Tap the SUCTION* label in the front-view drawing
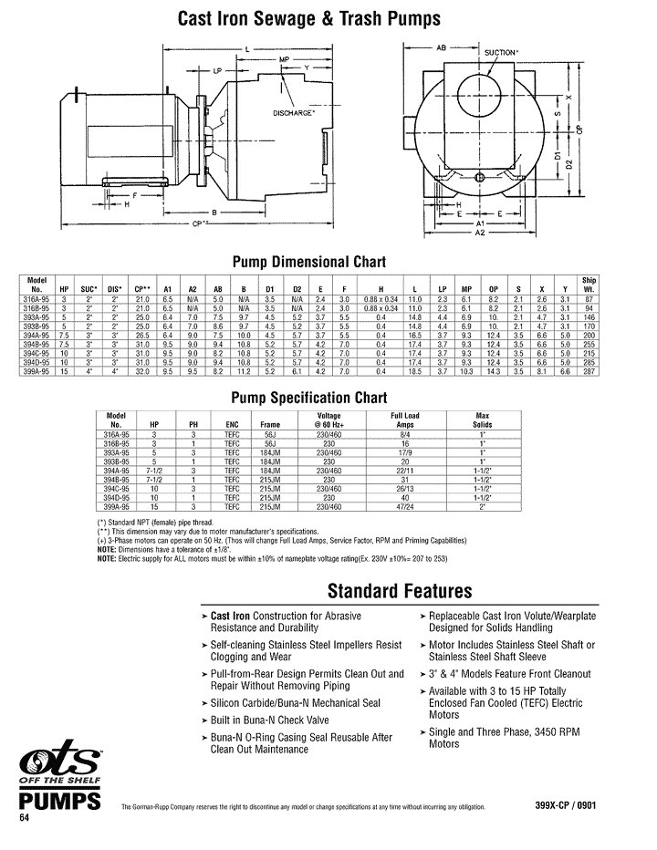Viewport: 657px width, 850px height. coord(501,53)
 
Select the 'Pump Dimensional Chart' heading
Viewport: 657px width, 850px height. coord(310,262)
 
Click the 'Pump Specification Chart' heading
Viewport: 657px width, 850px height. coord(309,398)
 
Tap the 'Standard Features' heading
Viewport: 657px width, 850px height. coord(400,590)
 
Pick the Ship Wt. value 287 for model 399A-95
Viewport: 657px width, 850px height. coord(589,374)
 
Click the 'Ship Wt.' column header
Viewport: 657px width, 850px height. coord(589,283)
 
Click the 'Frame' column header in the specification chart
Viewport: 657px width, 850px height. coord(270,424)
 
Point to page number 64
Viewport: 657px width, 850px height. coord(25,818)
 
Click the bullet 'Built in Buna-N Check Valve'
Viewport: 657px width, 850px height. coord(267,720)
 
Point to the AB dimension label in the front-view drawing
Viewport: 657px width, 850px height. coord(441,46)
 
